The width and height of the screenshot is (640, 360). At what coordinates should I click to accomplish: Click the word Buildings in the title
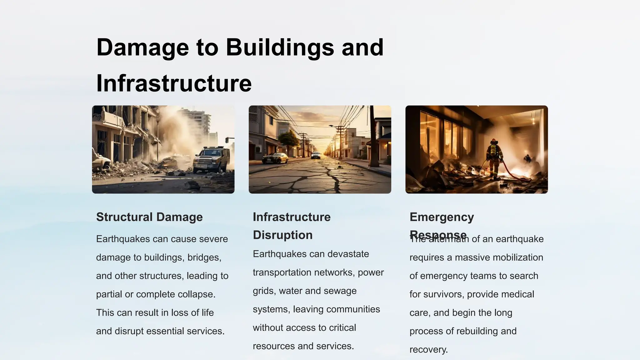coord(280,47)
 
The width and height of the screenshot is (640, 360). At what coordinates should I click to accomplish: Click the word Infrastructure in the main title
coord(174,83)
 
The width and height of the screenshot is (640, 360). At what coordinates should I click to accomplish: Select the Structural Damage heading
coord(149,217)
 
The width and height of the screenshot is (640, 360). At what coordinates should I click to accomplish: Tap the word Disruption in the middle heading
coord(282,235)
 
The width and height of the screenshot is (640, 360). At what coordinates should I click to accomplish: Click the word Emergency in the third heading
coord(442,217)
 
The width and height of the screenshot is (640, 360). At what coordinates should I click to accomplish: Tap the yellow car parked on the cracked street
coord(275,158)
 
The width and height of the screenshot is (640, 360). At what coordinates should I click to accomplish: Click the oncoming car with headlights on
coord(316,155)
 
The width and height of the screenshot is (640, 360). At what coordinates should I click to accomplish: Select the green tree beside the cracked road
coord(288,140)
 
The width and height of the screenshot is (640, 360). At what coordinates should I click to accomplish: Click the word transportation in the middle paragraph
coord(283,272)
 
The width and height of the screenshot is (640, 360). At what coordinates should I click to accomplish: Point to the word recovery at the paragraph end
coord(428,350)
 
